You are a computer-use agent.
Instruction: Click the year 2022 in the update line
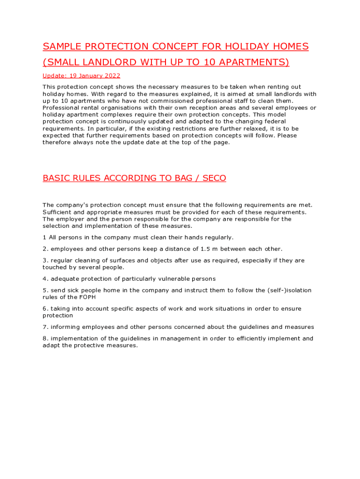[112, 76]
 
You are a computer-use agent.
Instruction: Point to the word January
[90, 76]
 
